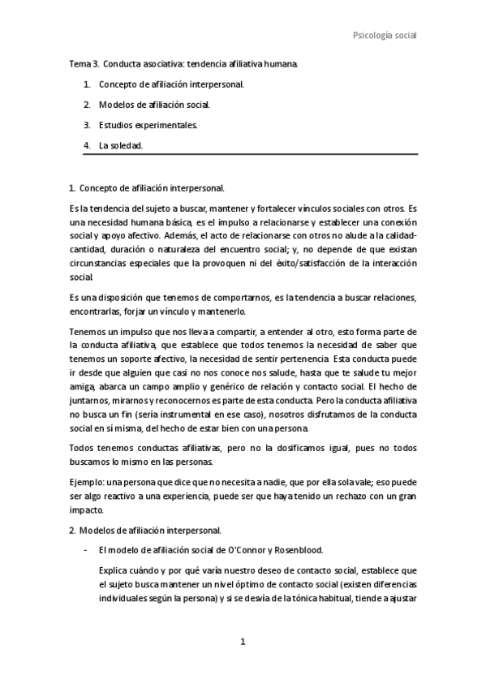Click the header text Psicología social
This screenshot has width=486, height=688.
[385, 35]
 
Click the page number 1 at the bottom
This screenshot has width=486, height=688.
[242, 642]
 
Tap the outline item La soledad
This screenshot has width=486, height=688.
[120, 146]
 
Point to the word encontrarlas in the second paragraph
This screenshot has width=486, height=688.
[96, 312]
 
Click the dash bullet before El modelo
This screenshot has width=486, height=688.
[86, 551]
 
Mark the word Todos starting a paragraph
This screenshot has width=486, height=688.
[83, 449]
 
